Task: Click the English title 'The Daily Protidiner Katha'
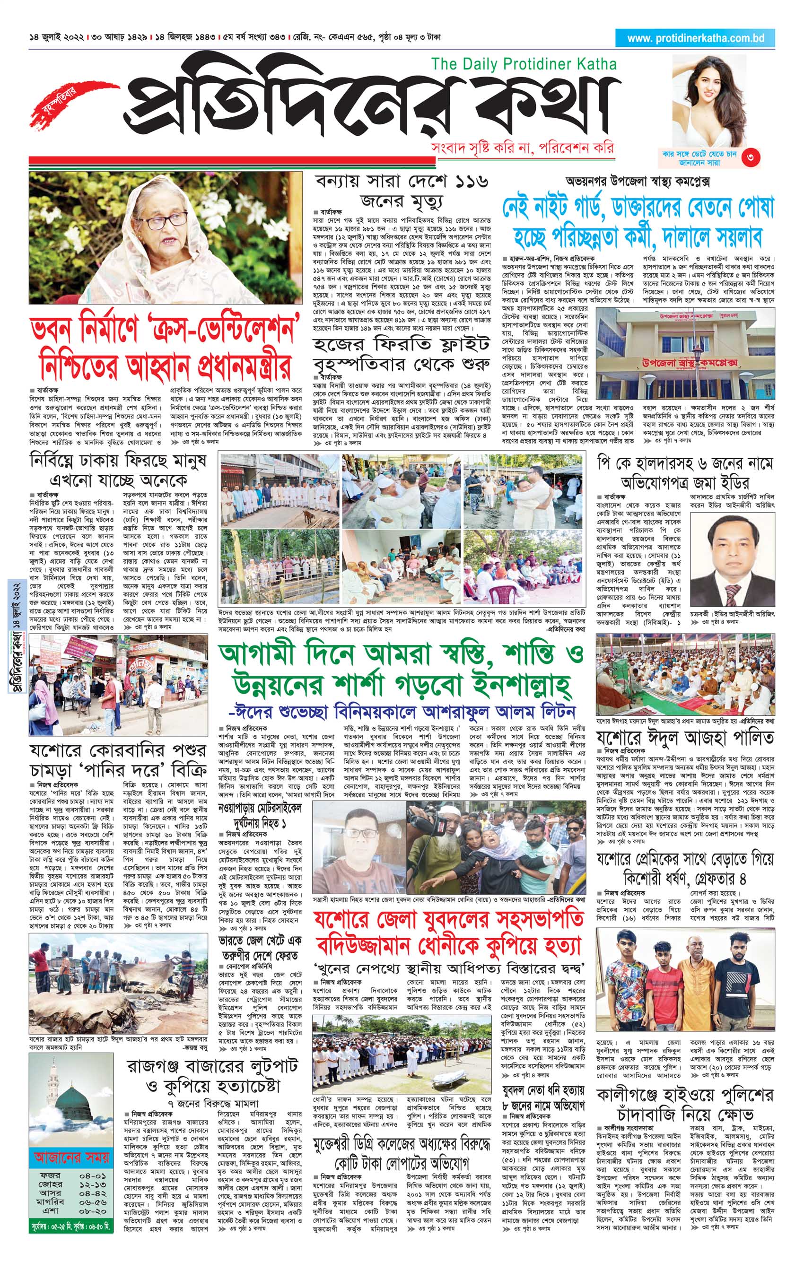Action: tap(524, 64)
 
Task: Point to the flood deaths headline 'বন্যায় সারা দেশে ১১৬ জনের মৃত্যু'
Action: tap(402, 191)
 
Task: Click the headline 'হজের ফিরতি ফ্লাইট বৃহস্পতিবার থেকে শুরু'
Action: tap(402, 354)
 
